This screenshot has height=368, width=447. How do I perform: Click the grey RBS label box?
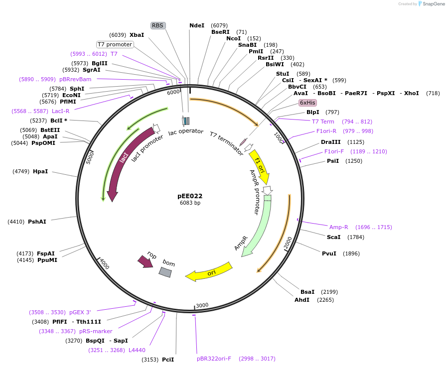coord(157,25)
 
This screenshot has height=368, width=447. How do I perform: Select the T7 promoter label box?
coord(115,44)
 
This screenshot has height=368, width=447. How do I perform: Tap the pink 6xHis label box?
coord(307,103)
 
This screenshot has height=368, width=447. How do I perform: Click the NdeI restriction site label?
coord(197,25)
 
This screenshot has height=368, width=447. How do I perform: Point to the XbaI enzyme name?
coord(137,35)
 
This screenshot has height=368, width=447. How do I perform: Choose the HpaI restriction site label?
coord(40,171)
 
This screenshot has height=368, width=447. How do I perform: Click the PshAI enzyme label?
coord(37,222)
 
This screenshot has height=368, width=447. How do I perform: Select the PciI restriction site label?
coord(168,360)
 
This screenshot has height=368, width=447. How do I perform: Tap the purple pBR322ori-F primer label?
coord(214,359)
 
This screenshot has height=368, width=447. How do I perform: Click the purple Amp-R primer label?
coord(339,227)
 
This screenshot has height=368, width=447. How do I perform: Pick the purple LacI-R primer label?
coord(60,111)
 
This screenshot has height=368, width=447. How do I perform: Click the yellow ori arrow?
coord(209,272)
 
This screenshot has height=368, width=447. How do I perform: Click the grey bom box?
coord(165,272)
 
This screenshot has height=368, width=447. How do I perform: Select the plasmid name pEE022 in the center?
coord(190,196)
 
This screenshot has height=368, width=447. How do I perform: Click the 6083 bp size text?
coord(190,203)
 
